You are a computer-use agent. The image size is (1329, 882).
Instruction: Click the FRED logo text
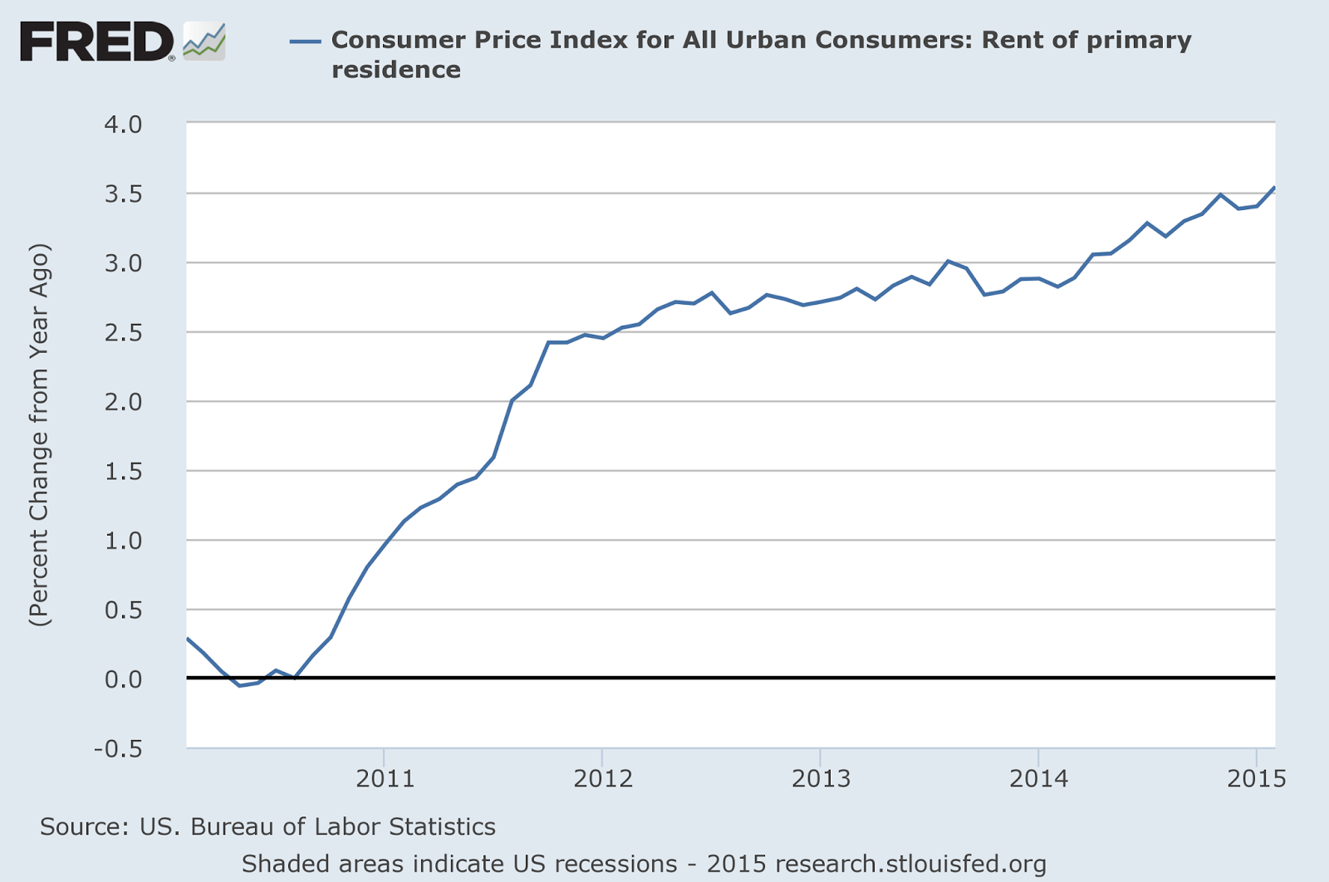point(96,42)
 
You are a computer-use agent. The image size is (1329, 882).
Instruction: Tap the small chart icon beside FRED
point(204,42)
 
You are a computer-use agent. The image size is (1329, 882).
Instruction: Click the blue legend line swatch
point(305,41)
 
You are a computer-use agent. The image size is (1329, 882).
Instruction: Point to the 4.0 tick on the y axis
point(123,125)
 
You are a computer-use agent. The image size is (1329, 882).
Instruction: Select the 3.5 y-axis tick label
point(123,194)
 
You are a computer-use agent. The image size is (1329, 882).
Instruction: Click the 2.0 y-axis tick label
point(123,402)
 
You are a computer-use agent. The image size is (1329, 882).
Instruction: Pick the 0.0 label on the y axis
point(123,679)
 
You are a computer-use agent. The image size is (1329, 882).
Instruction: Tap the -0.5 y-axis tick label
point(118,749)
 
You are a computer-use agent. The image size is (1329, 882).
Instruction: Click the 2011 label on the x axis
point(385,778)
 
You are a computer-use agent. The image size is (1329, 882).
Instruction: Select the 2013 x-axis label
point(821,778)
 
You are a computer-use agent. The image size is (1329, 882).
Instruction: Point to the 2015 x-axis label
point(1256,778)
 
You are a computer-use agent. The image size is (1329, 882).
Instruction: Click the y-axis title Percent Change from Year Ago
point(40,434)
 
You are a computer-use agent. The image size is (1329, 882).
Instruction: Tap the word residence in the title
point(396,69)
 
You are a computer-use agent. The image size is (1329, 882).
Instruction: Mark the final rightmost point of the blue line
point(1274,188)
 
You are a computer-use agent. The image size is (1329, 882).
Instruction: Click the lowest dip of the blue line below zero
point(240,685)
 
